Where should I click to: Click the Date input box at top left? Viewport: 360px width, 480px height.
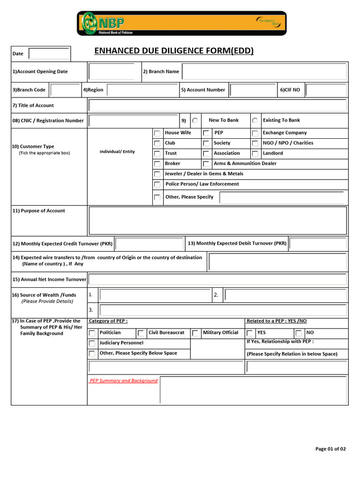pyautogui.click(x=49, y=53)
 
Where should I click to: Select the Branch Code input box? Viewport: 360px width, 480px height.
pyautogui.click(x=65, y=90)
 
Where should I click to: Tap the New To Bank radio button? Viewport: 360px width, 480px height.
pyautogui.click(x=195, y=120)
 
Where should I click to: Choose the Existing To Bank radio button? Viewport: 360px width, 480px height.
pyautogui.click(x=255, y=120)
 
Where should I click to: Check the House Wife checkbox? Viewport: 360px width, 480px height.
pyautogui.click(x=157, y=134)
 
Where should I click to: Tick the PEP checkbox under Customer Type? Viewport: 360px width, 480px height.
pyautogui.click(x=206, y=134)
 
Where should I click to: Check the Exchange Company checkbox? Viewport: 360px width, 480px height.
pyautogui.click(x=255, y=134)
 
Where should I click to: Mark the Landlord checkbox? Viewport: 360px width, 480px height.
pyautogui.click(x=255, y=154)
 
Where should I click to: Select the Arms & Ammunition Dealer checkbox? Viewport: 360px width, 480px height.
pyautogui.click(x=206, y=164)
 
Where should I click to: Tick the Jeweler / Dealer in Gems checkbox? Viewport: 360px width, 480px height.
pyautogui.click(x=157, y=174)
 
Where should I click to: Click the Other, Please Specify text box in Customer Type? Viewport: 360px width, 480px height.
pyautogui.click(x=283, y=197)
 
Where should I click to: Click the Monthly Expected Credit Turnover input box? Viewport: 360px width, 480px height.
pyautogui.click(x=150, y=244)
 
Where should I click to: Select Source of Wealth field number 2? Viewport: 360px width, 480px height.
pyautogui.click(x=286, y=295)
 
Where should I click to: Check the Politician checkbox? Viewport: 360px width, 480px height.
pyautogui.click(x=92, y=333)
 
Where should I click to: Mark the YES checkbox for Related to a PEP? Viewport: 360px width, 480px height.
pyautogui.click(x=250, y=333)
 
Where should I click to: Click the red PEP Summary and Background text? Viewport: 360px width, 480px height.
pyautogui.click(x=124, y=381)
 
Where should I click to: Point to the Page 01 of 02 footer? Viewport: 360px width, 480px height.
pyautogui.click(x=330, y=449)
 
